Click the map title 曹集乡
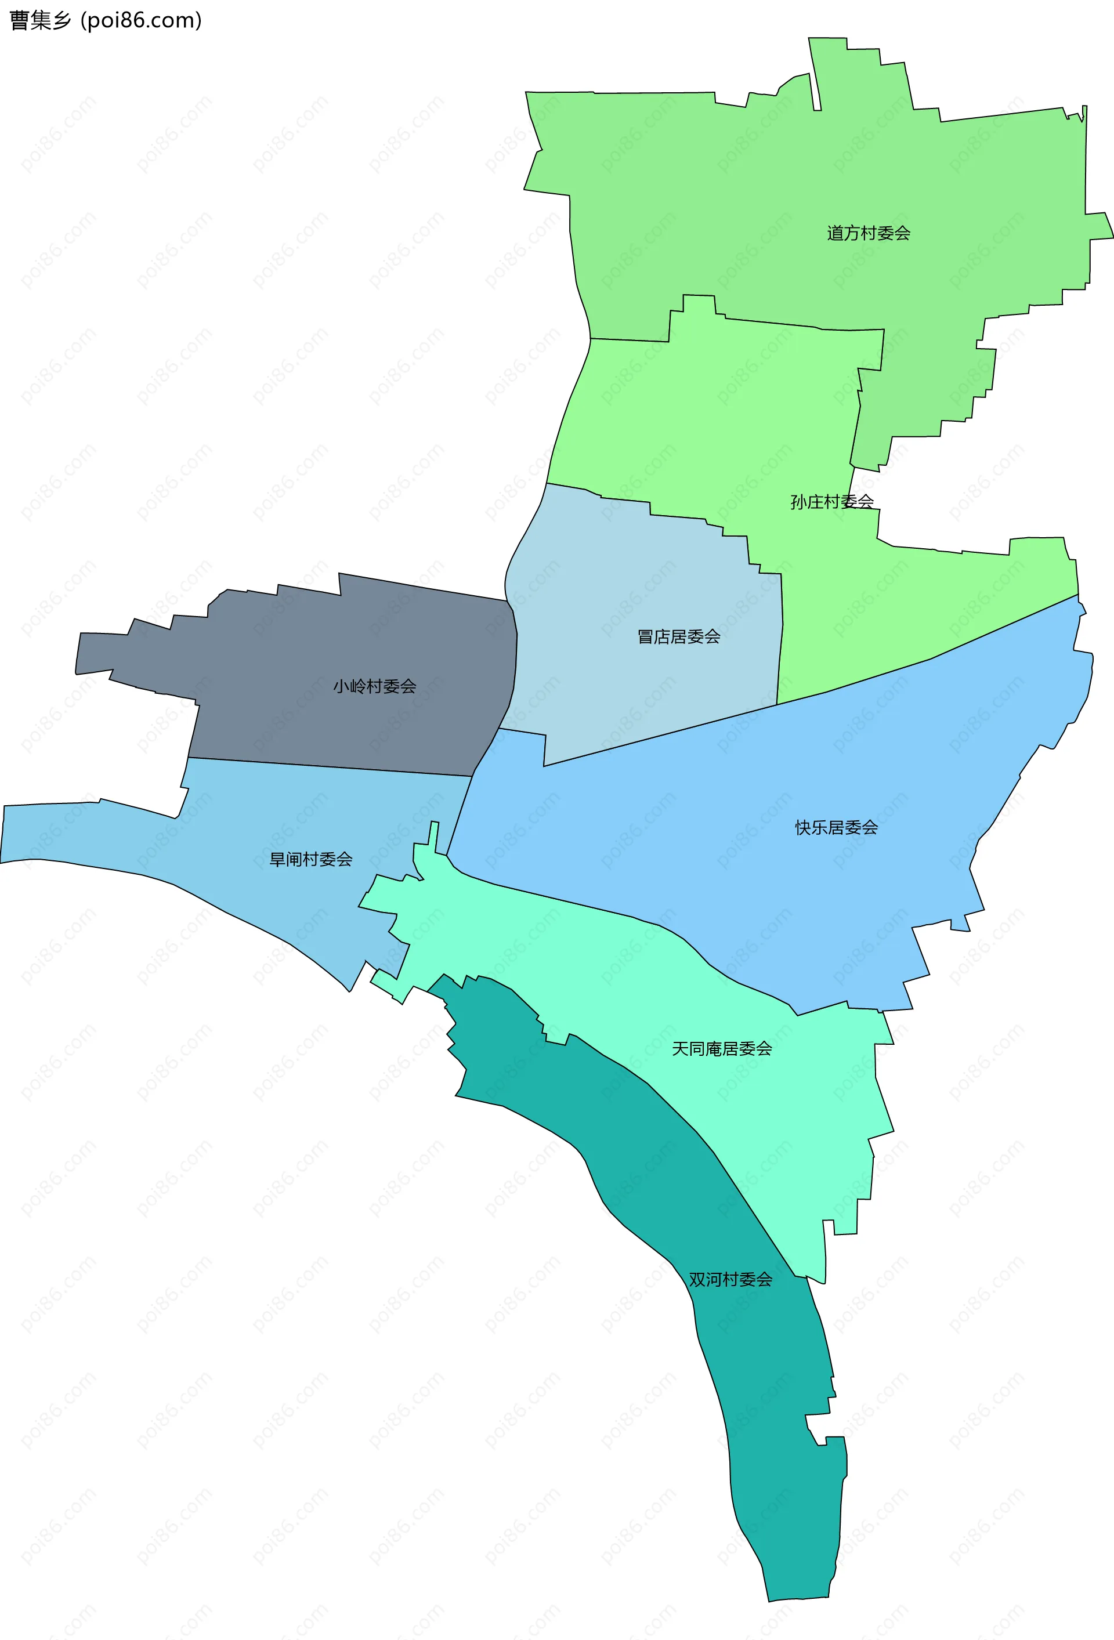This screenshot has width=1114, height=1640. coord(40,20)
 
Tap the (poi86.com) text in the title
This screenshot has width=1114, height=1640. coord(141,20)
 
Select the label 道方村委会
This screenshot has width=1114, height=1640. coord(869,234)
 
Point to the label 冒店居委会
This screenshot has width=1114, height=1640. coord(678,637)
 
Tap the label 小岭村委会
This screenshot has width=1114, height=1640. coord(374,686)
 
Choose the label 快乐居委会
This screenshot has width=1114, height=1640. coord(836,828)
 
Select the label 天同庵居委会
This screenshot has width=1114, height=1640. coord(721,1049)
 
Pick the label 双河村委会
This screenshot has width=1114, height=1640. coord(730,1279)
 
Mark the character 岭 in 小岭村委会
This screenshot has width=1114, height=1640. coord(358,686)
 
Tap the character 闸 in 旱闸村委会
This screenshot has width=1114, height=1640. coord(294,860)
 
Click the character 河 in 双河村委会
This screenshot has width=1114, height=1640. coord(714,1279)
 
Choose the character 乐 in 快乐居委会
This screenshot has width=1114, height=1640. coord(820,828)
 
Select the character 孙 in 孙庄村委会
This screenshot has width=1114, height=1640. coord(798,502)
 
